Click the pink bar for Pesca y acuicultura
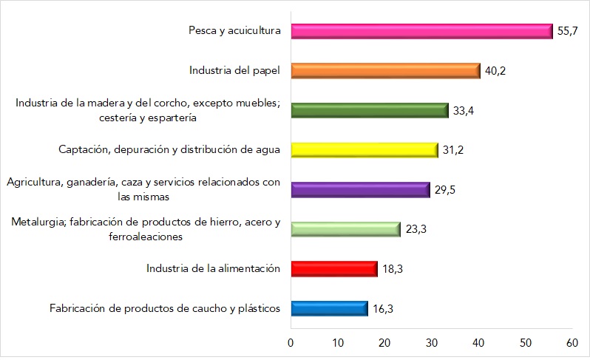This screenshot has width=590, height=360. [x=421, y=31]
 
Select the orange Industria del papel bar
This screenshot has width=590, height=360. [x=385, y=71]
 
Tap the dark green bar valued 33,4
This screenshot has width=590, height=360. [x=370, y=111]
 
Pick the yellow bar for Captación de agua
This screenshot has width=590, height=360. [x=364, y=150]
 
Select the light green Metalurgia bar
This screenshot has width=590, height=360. [x=345, y=229]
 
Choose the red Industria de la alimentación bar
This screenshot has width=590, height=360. [x=334, y=268]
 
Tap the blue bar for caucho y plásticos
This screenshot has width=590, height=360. [x=329, y=308]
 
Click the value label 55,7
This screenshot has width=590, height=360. [x=567, y=32]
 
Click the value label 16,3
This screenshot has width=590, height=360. [x=382, y=309]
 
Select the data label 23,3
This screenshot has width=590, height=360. [x=414, y=230]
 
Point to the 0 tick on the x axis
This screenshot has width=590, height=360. [x=291, y=343]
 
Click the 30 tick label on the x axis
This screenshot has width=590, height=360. [x=432, y=343]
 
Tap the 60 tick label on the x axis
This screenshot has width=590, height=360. [x=572, y=343]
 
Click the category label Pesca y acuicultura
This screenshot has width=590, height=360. [x=234, y=31]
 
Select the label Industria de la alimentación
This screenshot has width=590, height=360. [x=213, y=268]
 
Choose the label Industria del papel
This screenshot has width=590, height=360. [x=234, y=71]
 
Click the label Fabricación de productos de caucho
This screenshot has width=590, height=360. [x=165, y=308]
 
